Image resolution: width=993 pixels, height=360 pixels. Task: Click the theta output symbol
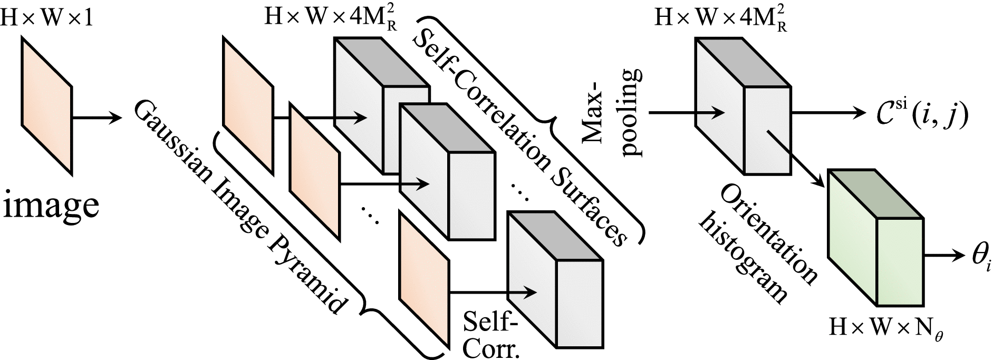[x=981, y=258]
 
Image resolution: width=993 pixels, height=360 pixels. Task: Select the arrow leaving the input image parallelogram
[x=95, y=118]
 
